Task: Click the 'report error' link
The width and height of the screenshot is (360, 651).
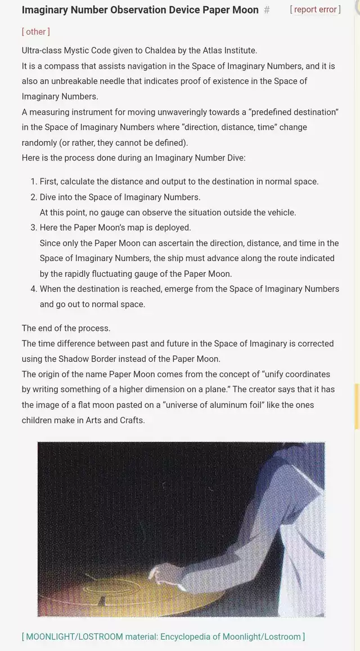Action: coord(316,10)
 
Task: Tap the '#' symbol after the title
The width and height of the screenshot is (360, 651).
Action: coord(267,10)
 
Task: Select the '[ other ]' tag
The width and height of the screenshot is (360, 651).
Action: coord(35,32)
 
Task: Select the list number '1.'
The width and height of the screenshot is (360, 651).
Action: coord(33,182)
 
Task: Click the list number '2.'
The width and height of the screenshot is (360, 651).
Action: coord(33,197)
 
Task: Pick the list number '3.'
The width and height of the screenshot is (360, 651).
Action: coord(33,228)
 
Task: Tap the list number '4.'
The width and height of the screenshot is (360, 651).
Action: coord(33,289)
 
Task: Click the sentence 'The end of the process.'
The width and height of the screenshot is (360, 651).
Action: coord(66,328)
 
